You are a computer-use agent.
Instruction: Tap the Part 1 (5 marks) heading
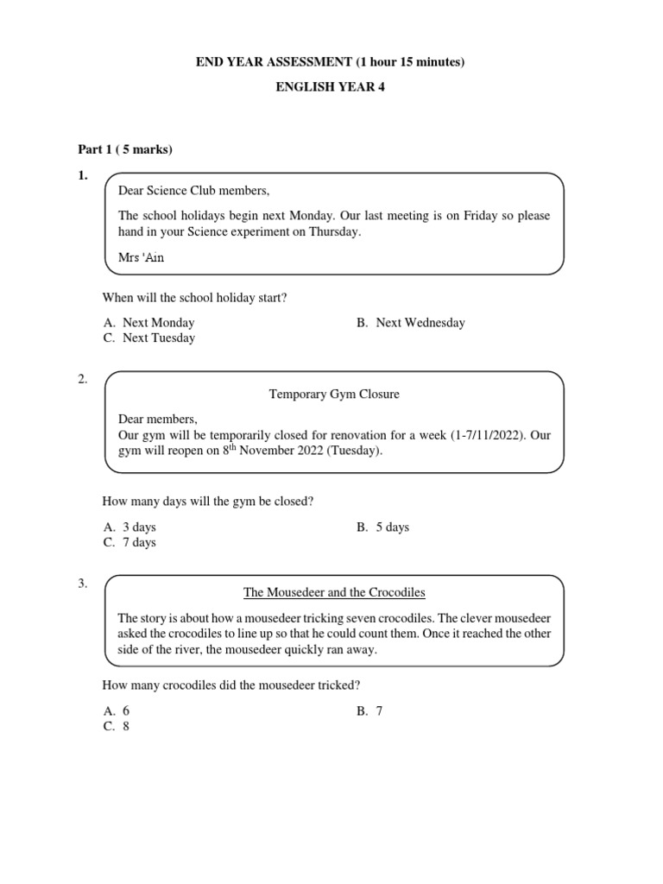pyautogui.click(x=125, y=149)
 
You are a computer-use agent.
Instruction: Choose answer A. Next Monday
pyautogui.click(x=148, y=323)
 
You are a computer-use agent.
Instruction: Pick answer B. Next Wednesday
pyautogui.click(x=410, y=323)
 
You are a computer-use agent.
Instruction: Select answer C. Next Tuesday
pyautogui.click(x=148, y=338)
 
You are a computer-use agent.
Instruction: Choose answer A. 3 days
pyautogui.click(x=129, y=527)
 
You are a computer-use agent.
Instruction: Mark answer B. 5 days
pyautogui.click(x=382, y=527)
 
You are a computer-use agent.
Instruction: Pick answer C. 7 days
pyautogui.click(x=129, y=542)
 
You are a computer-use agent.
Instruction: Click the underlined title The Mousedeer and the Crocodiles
pyautogui.click(x=334, y=592)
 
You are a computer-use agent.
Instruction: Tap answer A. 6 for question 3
pyautogui.click(x=117, y=710)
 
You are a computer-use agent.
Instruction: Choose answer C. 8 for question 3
pyautogui.click(x=117, y=726)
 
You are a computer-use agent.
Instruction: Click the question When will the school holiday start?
pyautogui.click(x=194, y=298)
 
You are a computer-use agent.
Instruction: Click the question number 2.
pyautogui.click(x=83, y=379)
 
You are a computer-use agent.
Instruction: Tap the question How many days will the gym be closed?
pyautogui.click(x=207, y=502)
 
